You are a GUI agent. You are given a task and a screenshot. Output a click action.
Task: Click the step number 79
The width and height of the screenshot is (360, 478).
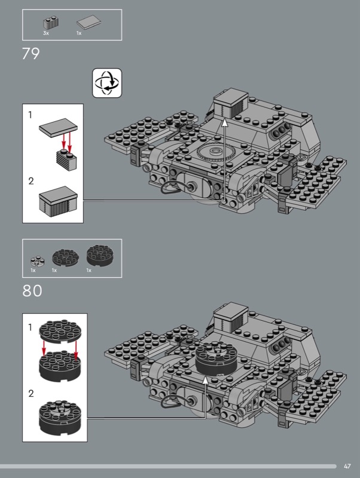coord(31,54)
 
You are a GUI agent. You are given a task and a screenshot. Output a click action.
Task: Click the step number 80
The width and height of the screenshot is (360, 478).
coord(32,291)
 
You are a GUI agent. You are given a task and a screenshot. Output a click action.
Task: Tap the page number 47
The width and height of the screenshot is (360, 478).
coord(347,466)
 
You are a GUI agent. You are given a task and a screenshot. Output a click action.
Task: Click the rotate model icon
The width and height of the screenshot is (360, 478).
coord(107,83)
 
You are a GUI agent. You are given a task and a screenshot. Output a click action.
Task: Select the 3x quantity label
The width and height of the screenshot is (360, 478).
coord(46,33)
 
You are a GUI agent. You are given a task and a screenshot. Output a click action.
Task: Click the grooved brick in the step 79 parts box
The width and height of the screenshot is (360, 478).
coord(51,23)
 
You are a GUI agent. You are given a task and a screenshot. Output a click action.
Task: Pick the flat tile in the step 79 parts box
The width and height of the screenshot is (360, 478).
coord(89,22)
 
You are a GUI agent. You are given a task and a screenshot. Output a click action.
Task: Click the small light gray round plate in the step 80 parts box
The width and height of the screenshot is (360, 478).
coord(37,261)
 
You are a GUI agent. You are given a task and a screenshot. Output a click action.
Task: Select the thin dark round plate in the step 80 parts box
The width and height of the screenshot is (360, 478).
coord(65,258)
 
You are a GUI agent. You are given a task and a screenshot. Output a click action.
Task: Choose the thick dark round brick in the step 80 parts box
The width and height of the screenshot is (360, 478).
coord(100,256)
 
